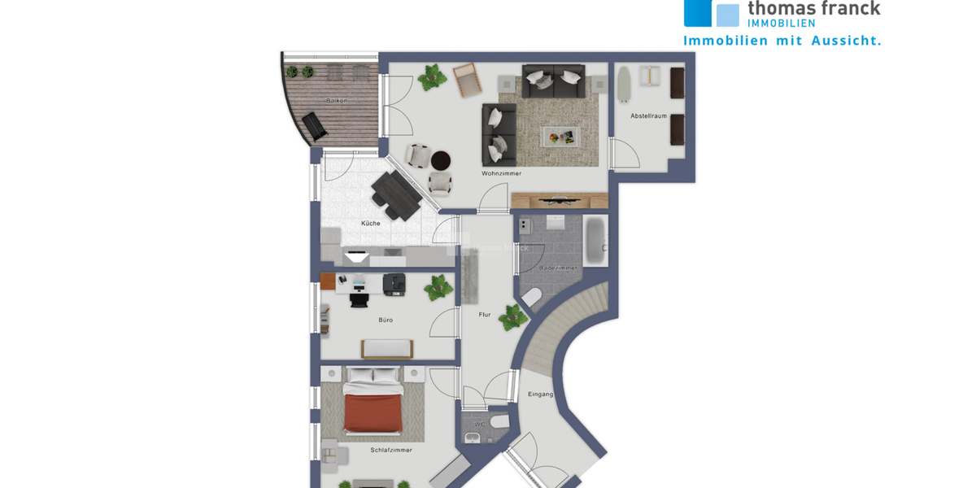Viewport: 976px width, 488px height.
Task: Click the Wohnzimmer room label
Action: point(501,173)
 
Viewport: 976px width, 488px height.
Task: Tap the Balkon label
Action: point(337,100)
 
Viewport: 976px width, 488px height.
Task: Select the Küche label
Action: point(371,224)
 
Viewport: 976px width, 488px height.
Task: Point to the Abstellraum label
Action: point(648,116)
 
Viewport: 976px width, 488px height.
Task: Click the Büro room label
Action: point(386,320)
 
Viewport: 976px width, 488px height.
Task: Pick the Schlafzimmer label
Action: point(391,450)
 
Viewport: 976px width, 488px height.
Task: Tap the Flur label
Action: point(485,314)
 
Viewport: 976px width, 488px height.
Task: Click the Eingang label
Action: point(540,394)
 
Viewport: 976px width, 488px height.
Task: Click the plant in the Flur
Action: point(510,318)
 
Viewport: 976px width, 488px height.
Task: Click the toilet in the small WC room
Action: point(499,422)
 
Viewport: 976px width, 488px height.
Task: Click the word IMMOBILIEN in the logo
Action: point(781,23)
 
